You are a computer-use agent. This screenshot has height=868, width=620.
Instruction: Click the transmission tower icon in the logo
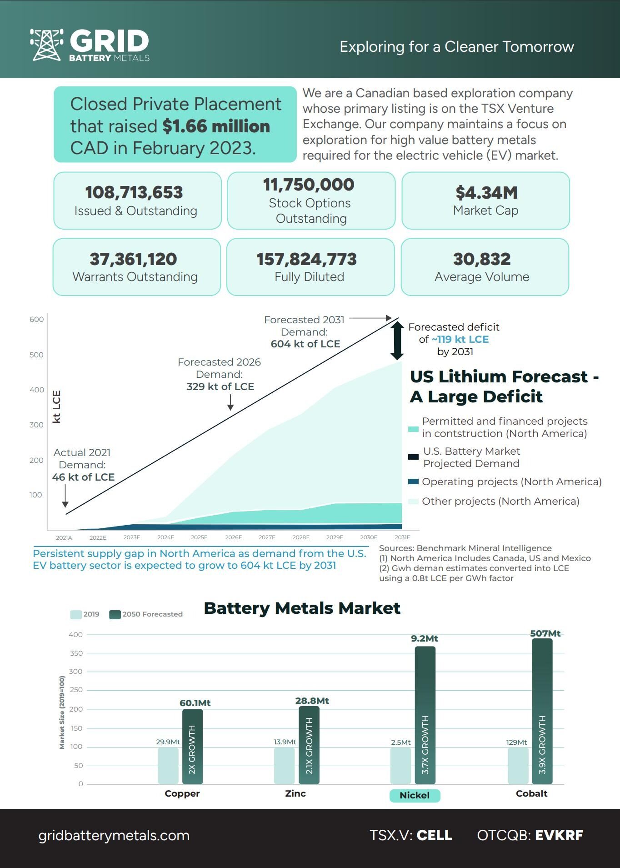tap(46, 45)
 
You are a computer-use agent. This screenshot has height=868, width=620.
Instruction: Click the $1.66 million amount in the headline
tap(216, 126)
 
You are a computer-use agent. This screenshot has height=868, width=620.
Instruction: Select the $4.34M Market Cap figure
tap(486, 193)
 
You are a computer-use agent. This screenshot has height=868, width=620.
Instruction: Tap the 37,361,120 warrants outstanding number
tap(133, 259)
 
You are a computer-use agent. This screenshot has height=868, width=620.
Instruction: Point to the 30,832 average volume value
tap(482, 259)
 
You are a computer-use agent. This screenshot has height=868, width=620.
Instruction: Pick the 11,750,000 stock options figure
tap(309, 185)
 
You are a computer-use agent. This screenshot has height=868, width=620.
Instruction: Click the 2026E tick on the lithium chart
tap(233, 537)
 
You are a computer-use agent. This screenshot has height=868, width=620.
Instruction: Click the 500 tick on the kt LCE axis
tap(36, 355)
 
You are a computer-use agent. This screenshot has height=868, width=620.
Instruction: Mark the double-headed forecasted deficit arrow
tap(397, 341)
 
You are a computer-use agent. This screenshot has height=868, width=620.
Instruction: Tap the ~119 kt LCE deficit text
tap(460, 339)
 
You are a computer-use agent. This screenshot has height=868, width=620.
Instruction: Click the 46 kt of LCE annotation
tap(83, 477)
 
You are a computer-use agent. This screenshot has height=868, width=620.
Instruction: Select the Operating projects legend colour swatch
tap(413, 482)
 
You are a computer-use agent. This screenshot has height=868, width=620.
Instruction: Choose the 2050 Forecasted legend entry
tap(146, 614)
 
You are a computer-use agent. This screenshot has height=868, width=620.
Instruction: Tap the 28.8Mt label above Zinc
tap(312, 701)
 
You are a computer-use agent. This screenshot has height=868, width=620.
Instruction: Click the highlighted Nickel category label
tap(415, 795)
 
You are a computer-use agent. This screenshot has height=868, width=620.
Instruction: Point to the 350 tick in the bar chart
tap(76, 653)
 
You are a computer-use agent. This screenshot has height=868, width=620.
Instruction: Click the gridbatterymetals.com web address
tap(114, 835)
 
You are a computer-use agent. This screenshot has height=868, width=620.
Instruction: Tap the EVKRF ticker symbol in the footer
tap(559, 835)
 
